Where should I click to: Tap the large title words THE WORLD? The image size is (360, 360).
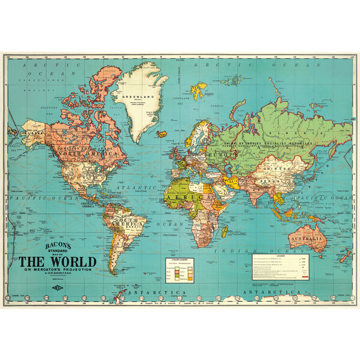(x=57, y=262)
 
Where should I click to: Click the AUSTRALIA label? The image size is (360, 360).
(x=308, y=239)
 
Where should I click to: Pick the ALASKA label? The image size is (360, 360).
(x=33, y=127)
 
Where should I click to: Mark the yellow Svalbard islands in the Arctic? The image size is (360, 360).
(x=199, y=91)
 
